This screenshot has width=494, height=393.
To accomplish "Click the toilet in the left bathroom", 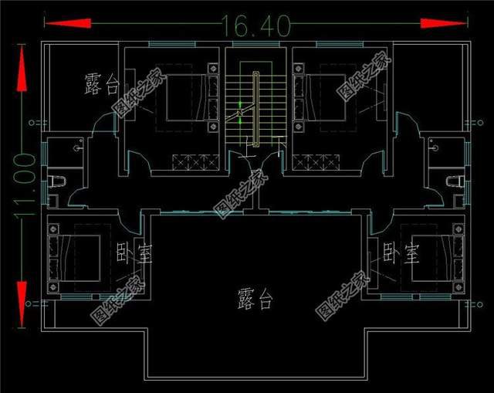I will tap(54, 181).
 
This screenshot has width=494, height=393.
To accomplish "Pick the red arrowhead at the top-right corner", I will tap(445, 24).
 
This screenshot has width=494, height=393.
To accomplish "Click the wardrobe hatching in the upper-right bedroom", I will tap(314, 161).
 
